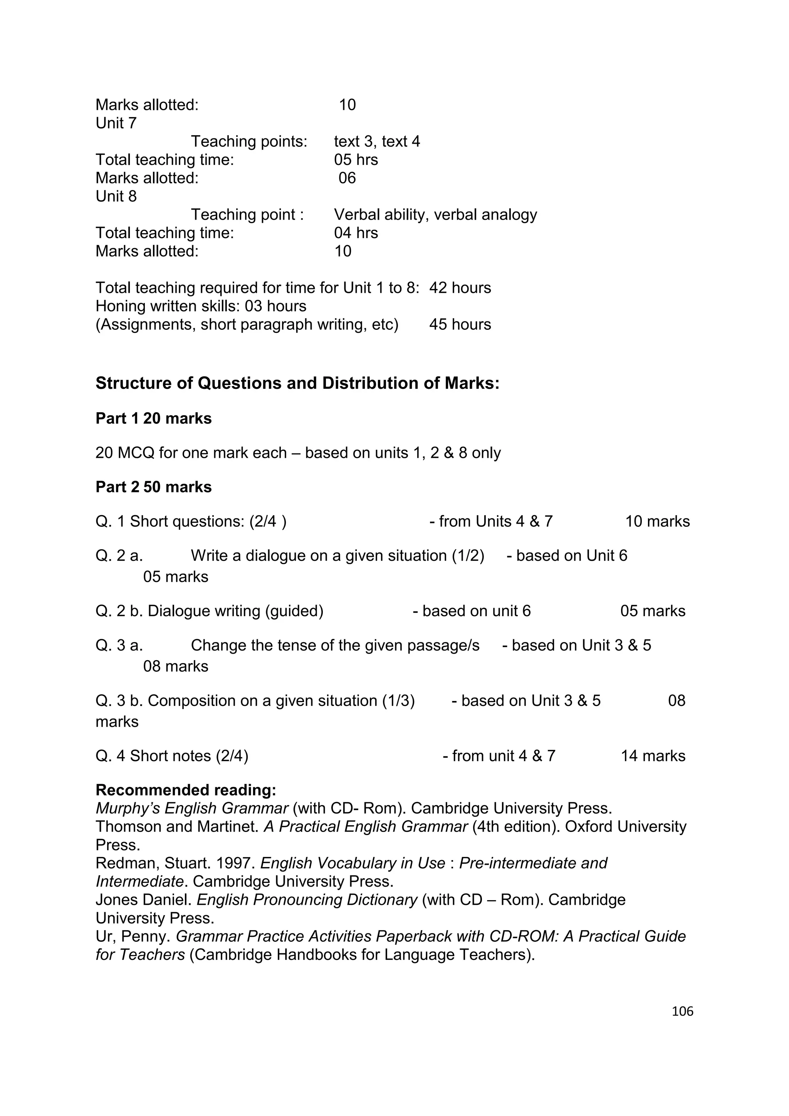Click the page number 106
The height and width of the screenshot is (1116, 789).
[682, 1011]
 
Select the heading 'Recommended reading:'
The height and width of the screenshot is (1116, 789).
[186, 790]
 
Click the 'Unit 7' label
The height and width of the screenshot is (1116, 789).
[116, 123]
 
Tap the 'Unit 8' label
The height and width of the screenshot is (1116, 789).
[116, 197]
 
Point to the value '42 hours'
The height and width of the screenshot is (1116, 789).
[460, 288]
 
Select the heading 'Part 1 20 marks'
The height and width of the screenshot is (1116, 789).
[154, 418]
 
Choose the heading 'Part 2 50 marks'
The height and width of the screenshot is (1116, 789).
[154, 487]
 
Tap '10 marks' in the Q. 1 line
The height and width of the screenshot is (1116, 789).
[657, 521]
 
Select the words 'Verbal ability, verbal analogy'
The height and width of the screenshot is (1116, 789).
[435, 215]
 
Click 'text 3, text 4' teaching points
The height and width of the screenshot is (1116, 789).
[376, 141]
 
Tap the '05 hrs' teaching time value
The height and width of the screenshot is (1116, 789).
[356, 160]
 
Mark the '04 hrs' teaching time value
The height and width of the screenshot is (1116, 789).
[356, 233]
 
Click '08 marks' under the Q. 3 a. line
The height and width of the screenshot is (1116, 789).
[175, 666]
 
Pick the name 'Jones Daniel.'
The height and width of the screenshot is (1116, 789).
[144, 900]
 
